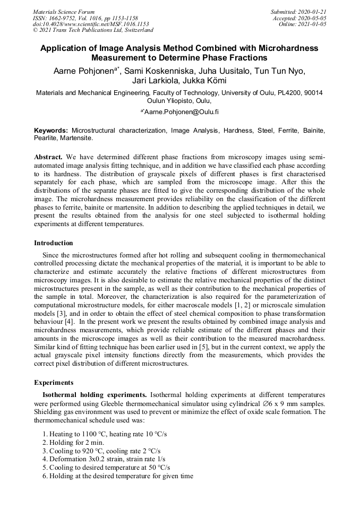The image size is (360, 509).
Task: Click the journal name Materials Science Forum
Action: click(x=64, y=12)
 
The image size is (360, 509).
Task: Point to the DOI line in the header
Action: click(x=91, y=24)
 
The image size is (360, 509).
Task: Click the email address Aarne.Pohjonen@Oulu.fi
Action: click(x=182, y=112)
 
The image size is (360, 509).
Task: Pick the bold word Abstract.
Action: click(x=48, y=158)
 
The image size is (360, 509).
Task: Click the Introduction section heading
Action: click(x=54, y=243)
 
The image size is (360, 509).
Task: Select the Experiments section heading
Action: click(x=54, y=382)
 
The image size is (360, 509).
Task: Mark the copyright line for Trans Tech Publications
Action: click(x=93, y=30)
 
